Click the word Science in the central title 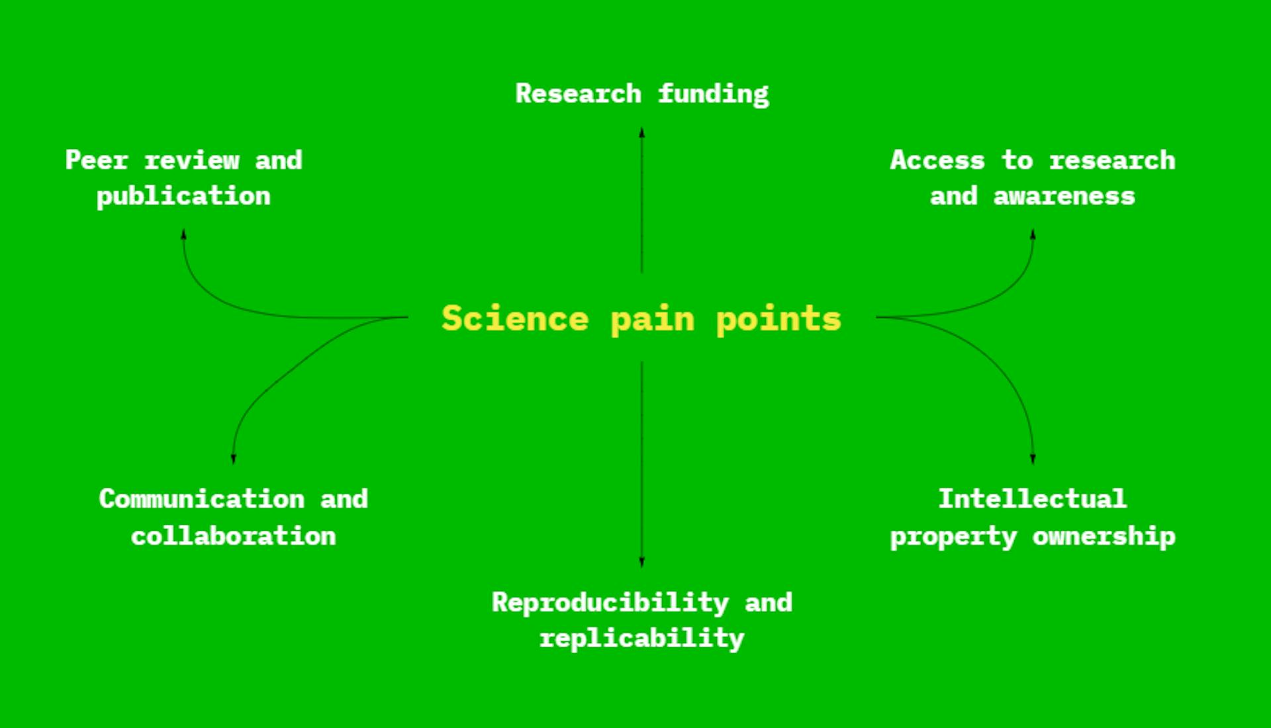(x=515, y=318)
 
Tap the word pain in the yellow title (x=653, y=320)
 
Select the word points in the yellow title (x=778, y=320)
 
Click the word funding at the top (x=714, y=94)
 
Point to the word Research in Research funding (x=579, y=93)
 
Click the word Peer (x=97, y=159)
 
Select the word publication (x=183, y=197)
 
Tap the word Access (x=937, y=160)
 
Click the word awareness (x=1064, y=196)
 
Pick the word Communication (x=202, y=499)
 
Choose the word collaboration (x=234, y=536)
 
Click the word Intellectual (x=1033, y=499)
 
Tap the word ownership (x=1104, y=536)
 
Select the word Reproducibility (x=610, y=603)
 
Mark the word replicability (x=642, y=639)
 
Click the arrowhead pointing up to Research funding (x=641, y=132)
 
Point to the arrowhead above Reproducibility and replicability (x=641, y=562)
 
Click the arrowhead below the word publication (x=183, y=234)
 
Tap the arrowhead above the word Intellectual (x=1033, y=458)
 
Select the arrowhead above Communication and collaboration (x=233, y=458)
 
